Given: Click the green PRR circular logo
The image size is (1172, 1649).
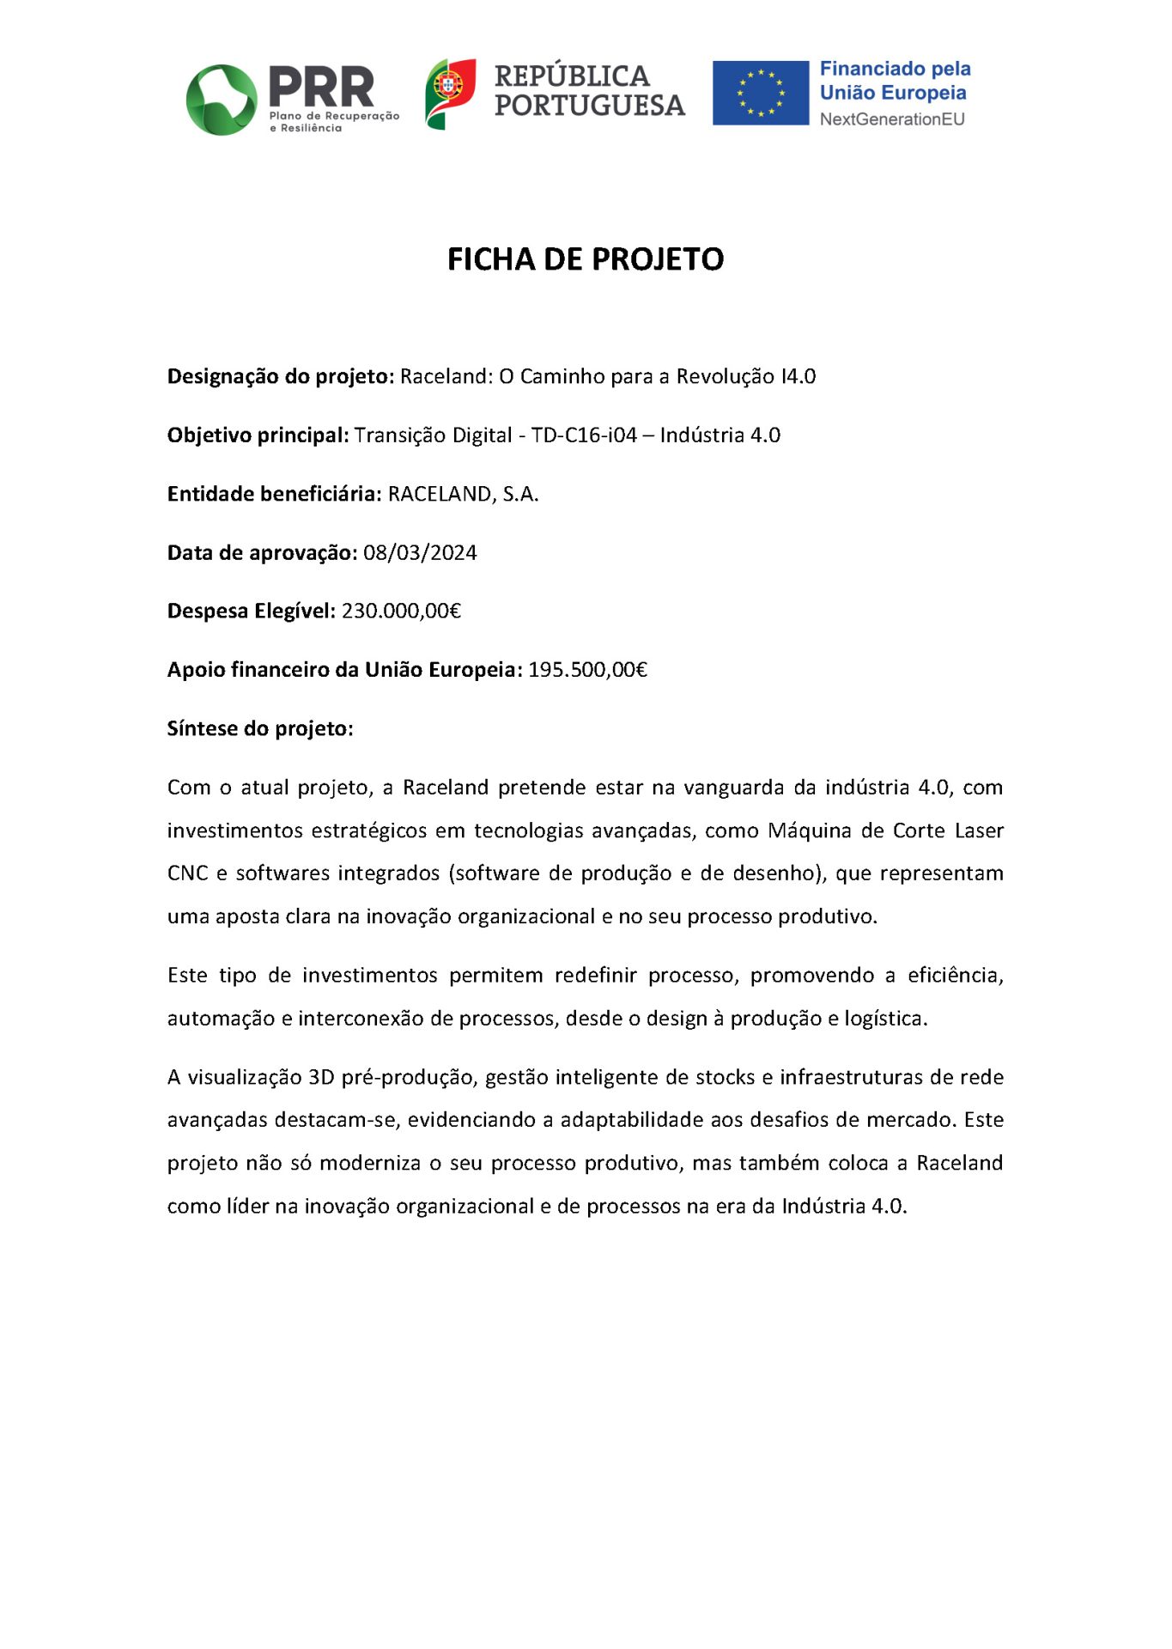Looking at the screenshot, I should [222, 100].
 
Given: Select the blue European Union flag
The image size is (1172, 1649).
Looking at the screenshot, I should [760, 93].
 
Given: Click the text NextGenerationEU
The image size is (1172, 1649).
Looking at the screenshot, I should [891, 119].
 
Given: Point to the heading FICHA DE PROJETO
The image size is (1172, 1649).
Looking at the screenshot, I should [586, 259].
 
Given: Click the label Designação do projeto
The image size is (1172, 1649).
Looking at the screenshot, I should [280, 376].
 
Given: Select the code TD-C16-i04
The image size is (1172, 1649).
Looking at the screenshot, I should [584, 435].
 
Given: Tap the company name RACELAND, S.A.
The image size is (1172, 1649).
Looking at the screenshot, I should [463, 494].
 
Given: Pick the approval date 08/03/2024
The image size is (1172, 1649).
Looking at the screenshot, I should [420, 552].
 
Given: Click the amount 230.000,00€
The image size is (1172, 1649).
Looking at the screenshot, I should [401, 611].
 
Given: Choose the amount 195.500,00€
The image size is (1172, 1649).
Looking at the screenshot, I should [587, 670].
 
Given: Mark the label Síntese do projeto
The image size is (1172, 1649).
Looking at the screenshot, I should [260, 728].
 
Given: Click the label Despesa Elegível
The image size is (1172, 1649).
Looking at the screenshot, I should [251, 611].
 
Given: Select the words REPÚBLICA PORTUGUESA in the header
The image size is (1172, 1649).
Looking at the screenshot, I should [589, 90].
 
